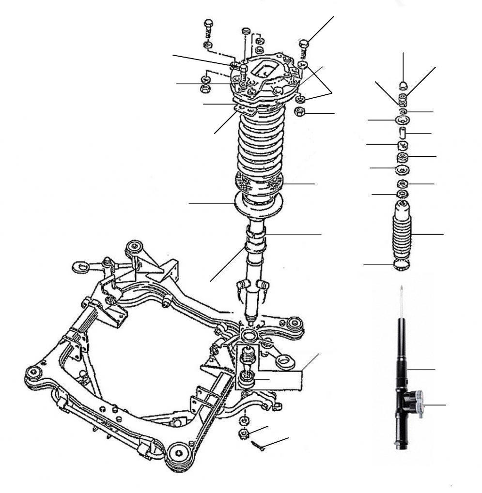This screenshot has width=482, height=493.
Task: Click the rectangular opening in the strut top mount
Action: [264, 68]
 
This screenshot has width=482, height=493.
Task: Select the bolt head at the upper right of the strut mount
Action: [305, 44]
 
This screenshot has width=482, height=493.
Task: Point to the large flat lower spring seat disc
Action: [259, 206]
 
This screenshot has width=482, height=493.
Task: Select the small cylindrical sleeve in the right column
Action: [402, 133]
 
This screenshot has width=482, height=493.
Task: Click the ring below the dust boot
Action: [402, 265]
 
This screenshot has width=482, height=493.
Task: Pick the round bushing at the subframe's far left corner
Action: [33, 373]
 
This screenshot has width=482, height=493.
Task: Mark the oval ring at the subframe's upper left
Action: [79, 266]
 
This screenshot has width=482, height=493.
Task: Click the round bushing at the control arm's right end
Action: [294, 322]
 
